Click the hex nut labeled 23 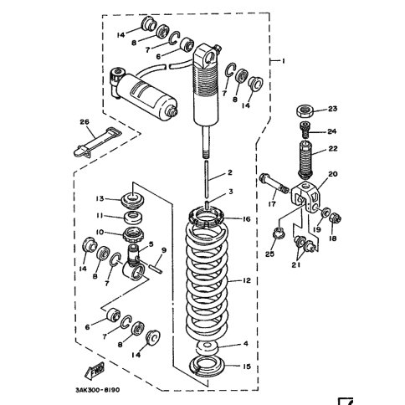coord(305,111)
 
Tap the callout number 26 coord(85,122)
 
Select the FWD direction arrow coord(95,370)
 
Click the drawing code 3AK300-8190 coord(97,390)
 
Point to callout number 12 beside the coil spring coord(247,280)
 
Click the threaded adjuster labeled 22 coord(305,160)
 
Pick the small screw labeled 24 coord(305,130)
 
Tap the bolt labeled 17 coord(274,184)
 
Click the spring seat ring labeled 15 coord(207,367)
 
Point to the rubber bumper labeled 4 coord(208,348)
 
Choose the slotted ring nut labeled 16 coord(207,217)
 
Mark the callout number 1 coord(284,60)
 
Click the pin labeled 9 coord(154,267)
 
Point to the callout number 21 coord(295,264)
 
